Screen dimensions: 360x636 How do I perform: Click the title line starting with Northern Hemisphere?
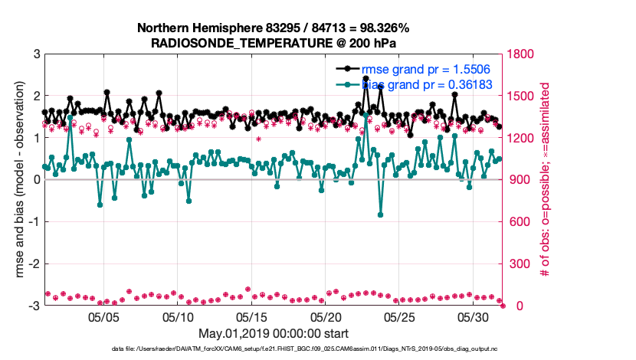(273, 28)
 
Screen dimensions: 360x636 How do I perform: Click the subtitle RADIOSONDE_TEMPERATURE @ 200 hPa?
(273, 43)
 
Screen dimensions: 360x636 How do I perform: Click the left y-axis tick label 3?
(36, 54)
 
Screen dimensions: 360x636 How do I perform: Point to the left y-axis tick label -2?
(34, 263)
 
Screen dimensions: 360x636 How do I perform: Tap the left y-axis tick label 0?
(36, 180)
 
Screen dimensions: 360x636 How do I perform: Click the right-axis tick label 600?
(520, 222)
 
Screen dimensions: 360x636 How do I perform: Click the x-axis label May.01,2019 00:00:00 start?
(273, 333)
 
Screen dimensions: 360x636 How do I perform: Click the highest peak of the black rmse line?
(366, 78)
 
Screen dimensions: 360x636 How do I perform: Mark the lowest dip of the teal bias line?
(380, 214)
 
